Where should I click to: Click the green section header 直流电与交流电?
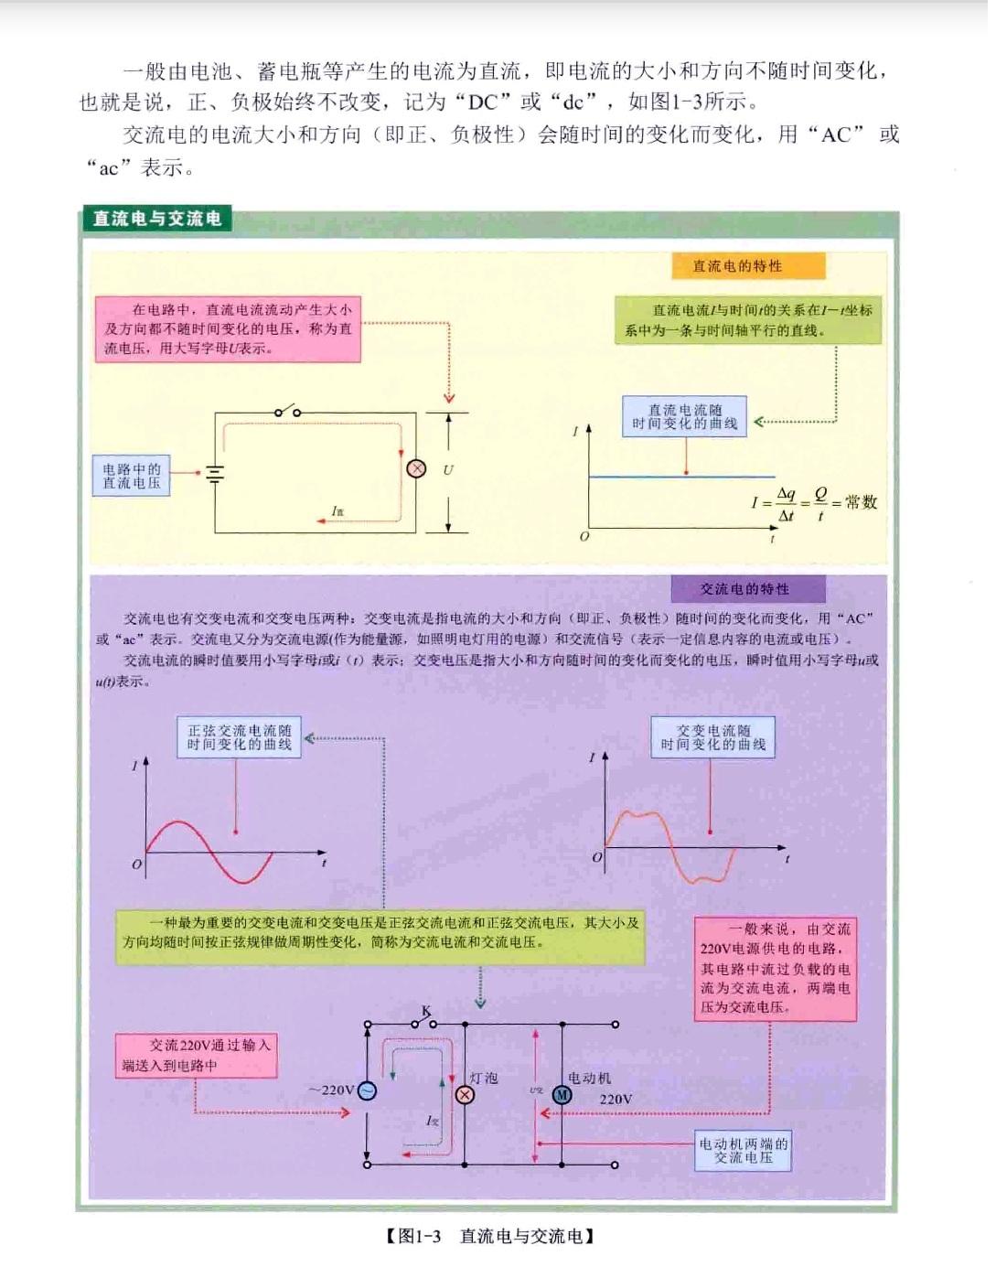coord(156,219)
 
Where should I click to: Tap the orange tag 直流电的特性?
coord(748,266)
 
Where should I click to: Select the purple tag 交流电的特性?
coord(748,589)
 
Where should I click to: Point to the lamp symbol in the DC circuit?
coord(417,468)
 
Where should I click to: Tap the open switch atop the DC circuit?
coord(287,411)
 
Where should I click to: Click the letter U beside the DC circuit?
coord(448,470)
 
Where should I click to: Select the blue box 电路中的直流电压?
coord(132,476)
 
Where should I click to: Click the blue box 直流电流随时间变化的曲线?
coord(685,416)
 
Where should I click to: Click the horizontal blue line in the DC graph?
coord(682,477)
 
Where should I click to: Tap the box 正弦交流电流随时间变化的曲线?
coord(239,737)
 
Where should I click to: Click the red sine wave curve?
coord(209,852)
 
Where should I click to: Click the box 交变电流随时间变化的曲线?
coord(712,737)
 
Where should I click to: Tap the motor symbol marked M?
coord(562,1094)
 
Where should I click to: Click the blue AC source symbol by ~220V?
coord(367,1091)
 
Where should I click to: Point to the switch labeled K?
coord(423,1022)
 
